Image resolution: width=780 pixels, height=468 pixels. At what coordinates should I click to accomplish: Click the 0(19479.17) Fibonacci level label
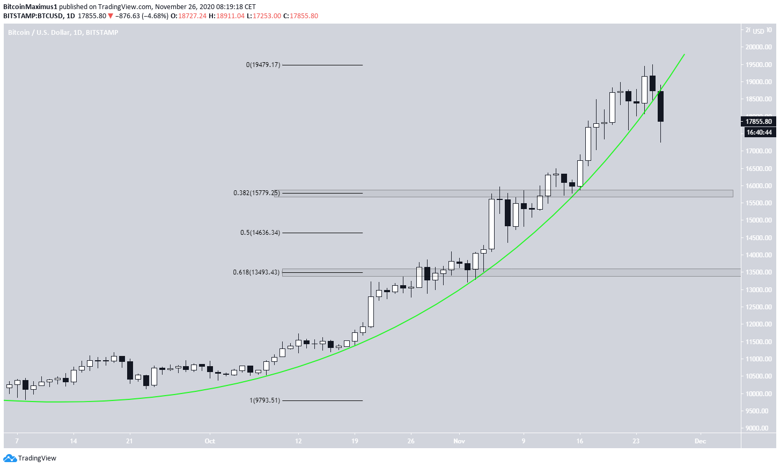pos(263,65)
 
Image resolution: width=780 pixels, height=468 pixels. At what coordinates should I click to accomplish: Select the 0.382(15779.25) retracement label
pos(256,193)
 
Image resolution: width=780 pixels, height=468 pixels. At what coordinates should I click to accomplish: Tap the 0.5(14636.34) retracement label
pos(260,233)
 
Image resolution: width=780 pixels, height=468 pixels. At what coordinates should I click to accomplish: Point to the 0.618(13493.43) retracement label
pos(256,272)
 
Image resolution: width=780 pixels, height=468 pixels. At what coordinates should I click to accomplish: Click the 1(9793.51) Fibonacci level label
pos(264,400)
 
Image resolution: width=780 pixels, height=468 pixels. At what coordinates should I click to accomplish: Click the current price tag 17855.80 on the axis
pos(758,122)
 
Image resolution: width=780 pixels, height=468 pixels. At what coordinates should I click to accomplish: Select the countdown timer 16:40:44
pos(759,132)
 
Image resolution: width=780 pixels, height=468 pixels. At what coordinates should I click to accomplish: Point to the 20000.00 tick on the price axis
pos(758,47)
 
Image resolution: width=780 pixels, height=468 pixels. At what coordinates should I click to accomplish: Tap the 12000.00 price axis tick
pos(758,324)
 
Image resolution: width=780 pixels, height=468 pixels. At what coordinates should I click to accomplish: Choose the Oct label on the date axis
pos(210,441)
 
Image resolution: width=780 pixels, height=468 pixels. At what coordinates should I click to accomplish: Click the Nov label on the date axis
pos(459,441)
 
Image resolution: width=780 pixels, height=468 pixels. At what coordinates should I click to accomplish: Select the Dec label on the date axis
pos(700,441)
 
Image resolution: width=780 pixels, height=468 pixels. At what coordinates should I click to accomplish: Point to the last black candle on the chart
pos(660,106)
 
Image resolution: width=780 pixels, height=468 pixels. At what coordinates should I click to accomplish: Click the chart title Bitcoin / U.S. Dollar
pos(39,33)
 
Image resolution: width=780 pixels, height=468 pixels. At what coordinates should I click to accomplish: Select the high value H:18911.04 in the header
pos(226,16)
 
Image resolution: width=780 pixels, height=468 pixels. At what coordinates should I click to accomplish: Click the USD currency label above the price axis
pos(758,32)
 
